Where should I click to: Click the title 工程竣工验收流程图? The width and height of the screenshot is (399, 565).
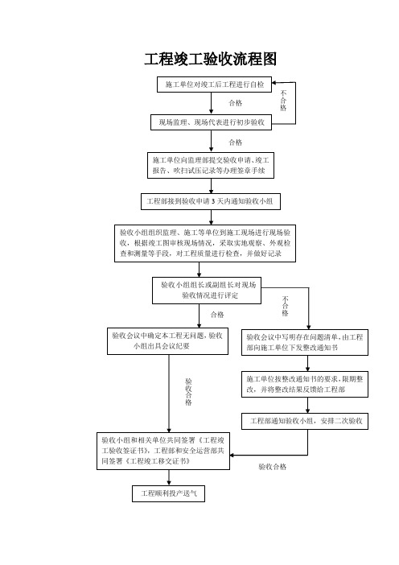[x=210, y=59]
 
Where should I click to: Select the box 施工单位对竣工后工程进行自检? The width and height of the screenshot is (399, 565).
[x=214, y=85]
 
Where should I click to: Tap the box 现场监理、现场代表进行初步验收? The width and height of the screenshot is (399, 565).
[x=211, y=122]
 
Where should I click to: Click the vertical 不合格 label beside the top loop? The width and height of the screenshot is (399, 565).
[x=283, y=101]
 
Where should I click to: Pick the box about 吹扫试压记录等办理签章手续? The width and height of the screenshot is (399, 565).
[x=211, y=165]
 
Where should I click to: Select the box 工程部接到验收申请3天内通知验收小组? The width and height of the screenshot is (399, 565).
[x=211, y=201]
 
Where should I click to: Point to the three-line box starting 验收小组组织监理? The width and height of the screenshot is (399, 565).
[x=205, y=243]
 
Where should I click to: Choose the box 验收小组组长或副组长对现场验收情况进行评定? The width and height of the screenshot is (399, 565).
[x=207, y=291]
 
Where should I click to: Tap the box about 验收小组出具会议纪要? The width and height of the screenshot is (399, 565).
[x=167, y=341]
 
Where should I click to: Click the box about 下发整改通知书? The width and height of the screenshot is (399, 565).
[x=305, y=342]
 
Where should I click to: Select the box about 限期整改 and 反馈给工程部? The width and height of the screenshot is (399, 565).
[x=305, y=384]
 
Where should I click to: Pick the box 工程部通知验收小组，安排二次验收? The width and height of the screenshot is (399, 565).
[x=305, y=421]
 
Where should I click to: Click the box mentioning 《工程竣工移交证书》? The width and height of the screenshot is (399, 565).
[x=163, y=451]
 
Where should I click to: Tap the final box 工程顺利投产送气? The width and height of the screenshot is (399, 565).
[x=169, y=493]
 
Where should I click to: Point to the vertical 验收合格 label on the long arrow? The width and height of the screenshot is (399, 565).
[x=188, y=392]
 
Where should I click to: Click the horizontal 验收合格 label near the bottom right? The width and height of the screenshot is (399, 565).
[x=273, y=467]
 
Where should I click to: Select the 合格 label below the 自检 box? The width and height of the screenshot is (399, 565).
[x=236, y=103]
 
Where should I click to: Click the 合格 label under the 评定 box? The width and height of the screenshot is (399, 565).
[x=217, y=315]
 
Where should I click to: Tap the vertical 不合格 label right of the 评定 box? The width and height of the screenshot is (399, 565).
[x=286, y=307]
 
